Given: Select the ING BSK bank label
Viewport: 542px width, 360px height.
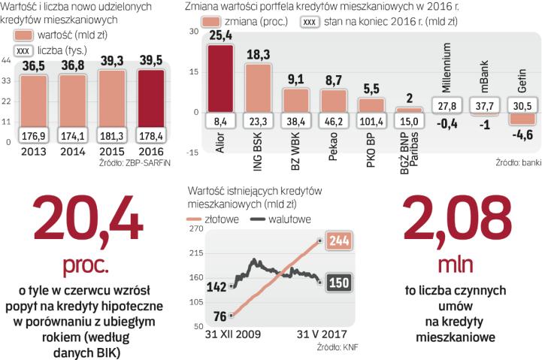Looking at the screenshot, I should (x=258, y=150).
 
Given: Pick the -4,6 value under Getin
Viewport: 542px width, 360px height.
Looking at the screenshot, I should (x=521, y=136).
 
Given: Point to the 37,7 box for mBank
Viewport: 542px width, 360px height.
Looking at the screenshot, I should (x=483, y=105).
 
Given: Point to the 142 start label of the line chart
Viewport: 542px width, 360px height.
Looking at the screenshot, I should (x=216, y=286).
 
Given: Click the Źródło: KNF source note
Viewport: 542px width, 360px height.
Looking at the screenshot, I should (x=329, y=348).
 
